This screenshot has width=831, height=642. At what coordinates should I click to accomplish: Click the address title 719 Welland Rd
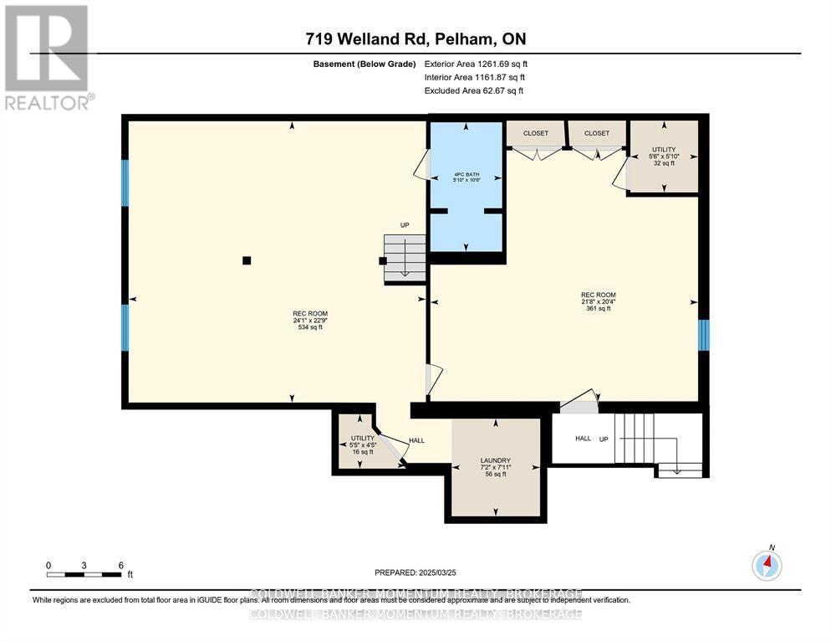tap(415, 39)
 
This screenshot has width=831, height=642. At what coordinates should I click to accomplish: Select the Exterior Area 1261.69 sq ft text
tap(476, 64)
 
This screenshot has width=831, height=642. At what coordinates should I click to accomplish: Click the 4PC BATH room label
tap(466, 177)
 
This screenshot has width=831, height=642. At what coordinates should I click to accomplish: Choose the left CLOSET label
tap(536, 133)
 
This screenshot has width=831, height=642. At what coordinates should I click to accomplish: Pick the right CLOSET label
tap(597, 133)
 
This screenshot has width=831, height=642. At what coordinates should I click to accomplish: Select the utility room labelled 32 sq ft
tap(663, 157)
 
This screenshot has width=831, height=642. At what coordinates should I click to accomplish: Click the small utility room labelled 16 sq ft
tap(363, 444)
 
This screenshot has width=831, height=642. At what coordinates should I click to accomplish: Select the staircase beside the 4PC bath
tap(405, 256)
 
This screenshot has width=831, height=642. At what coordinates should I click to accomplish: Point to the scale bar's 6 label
tap(121, 565)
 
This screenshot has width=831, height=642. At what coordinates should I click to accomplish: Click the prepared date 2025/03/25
tap(415, 573)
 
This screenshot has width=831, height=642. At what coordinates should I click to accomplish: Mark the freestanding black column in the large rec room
tap(246, 260)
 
